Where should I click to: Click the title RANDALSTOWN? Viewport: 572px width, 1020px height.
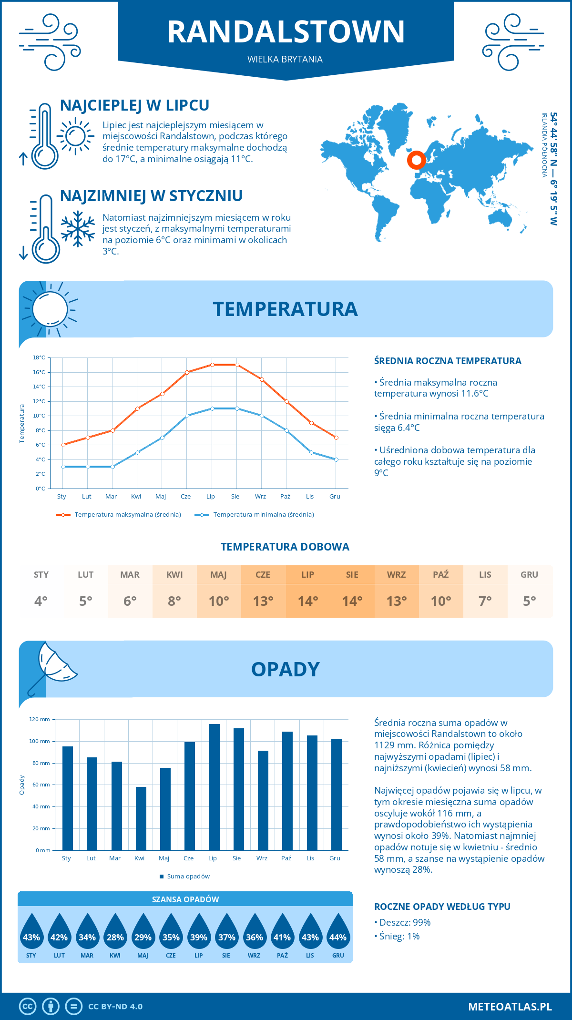click(286, 32)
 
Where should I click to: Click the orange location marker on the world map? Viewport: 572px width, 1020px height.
click(416, 160)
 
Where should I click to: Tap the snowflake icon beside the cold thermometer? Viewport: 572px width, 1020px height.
click(78, 229)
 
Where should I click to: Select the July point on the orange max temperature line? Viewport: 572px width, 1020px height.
click(212, 365)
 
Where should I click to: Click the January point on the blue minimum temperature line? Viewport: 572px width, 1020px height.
click(63, 467)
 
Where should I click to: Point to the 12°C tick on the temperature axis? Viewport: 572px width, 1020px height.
click(40, 401)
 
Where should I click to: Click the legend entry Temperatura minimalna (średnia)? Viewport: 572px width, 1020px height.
click(263, 515)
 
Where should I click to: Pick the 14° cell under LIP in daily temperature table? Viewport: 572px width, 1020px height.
click(307, 601)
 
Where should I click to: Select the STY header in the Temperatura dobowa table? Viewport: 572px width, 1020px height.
click(41, 575)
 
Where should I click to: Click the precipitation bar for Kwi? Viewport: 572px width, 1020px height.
click(141, 818)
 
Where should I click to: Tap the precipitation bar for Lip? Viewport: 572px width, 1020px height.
click(214, 787)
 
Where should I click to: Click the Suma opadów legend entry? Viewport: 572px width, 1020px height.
click(188, 877)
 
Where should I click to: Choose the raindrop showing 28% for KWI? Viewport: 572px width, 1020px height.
click(115, 935)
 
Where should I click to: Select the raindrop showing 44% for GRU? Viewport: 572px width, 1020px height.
click(338, 935)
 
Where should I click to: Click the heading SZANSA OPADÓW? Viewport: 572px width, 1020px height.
click(185, 899)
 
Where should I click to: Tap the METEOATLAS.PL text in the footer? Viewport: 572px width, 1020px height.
click(510, 1007)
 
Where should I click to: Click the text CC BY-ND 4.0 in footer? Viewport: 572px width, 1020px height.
click(115, 1007)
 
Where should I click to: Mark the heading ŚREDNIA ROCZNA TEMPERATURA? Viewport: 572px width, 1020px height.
click(448, 361)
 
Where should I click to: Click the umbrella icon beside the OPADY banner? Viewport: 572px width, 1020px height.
click(52, 667)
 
